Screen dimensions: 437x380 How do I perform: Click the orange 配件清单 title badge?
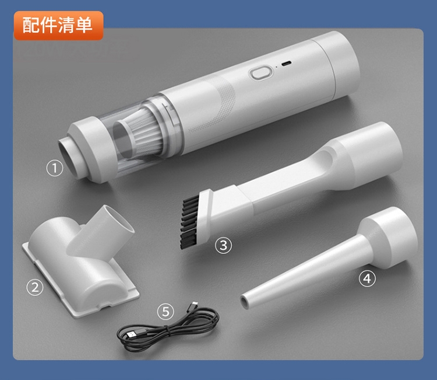58,26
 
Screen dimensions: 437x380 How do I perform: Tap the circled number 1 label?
55,168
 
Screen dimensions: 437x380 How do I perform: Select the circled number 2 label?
35,287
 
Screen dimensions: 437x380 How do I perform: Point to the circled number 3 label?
224,245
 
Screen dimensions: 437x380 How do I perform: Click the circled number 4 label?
367,278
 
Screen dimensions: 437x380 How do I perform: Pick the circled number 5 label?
165,311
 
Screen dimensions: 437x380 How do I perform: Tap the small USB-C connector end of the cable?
193,305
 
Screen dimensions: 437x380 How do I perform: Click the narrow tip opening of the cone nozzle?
245,302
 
